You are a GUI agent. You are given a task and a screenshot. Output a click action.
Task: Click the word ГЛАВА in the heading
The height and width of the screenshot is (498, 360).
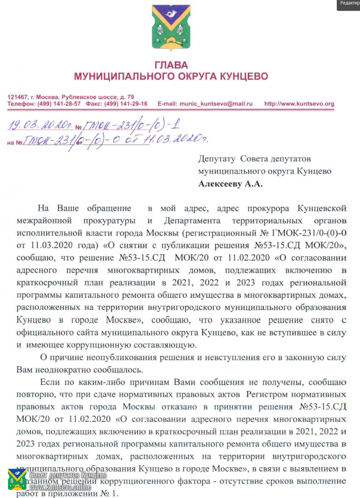[171, 66]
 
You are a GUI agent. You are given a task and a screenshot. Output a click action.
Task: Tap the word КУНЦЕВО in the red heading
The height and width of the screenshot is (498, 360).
[241, 77]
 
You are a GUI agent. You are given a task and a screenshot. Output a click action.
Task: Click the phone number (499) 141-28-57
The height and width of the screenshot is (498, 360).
[57, 103]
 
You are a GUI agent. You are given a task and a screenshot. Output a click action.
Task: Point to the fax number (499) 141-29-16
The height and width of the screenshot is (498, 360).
[124, 103]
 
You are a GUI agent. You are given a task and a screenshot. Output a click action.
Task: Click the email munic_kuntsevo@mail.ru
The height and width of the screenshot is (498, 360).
[215, 103]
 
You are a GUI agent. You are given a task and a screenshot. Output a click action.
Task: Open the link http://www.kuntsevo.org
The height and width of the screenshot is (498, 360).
[299, 103]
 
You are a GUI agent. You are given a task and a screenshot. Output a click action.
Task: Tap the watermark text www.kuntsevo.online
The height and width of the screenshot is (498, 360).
[60, 486]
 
